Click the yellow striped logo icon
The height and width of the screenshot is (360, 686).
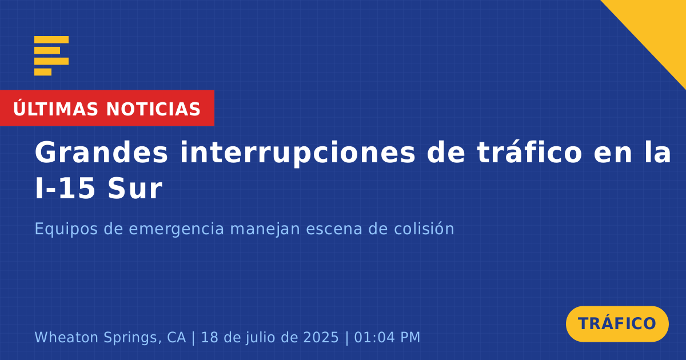(x=51, y=56)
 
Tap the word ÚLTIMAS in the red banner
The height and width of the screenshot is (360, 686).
(x=55, y=109)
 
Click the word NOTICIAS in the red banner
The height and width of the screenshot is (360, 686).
(x=153, y=109)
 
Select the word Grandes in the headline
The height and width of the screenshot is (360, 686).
(x=101, y=152)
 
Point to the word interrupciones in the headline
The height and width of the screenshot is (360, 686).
(x=297, y=153)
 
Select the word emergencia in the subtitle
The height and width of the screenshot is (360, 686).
(x=177, y=229)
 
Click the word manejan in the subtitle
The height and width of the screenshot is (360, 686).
(x=265, y=229)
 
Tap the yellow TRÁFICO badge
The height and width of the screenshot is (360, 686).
(x=617, y=323)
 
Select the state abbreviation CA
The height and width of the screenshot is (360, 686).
(x=177, y=337)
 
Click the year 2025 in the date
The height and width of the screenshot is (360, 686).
(x=321, y=337)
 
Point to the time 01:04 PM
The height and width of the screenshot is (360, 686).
(x=387, y=337)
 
